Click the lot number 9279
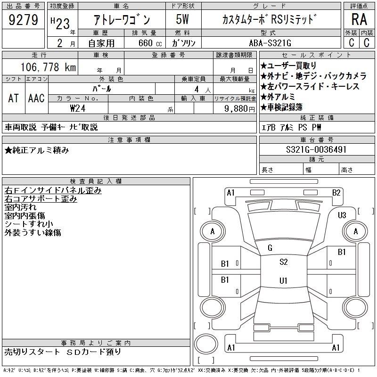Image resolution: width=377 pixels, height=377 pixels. [23, 20]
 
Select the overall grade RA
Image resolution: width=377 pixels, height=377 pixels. [359, 19]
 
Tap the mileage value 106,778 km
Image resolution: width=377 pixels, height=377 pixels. [48, 67]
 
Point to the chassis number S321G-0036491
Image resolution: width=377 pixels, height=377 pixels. [316, 149]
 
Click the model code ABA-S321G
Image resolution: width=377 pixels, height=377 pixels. [270, 43]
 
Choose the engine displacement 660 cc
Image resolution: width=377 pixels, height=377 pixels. [150, 43]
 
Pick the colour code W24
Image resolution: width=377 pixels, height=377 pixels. [78, 108]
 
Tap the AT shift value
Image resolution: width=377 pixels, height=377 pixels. [14, 98]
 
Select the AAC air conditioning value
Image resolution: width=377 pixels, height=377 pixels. [36, 98]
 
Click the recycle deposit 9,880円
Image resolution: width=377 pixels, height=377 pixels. [239, 109]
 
